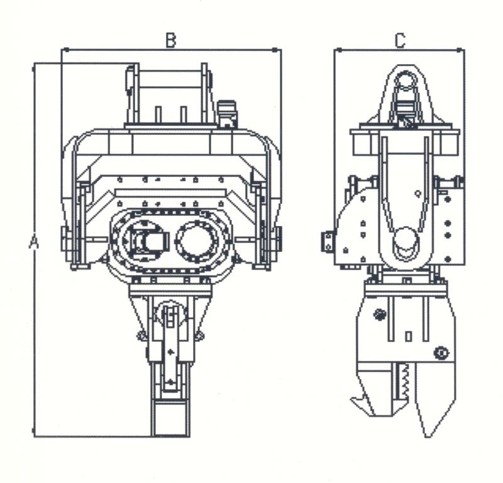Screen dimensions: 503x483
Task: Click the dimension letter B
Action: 170,40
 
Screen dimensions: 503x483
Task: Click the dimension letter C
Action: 400,41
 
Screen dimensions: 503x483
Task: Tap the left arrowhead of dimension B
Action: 65,50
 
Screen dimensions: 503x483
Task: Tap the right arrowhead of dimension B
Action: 275,50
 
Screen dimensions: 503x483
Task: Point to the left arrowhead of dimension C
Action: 339,50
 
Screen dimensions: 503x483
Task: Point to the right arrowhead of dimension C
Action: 460,50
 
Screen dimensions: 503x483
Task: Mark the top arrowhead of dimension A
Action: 34,69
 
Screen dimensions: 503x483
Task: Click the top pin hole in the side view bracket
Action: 406,80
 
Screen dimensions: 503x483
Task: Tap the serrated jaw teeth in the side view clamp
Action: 406,382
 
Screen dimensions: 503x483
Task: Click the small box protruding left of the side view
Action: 328,241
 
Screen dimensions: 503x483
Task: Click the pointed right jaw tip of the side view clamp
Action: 427,434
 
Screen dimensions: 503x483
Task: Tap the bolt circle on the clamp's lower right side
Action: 441,353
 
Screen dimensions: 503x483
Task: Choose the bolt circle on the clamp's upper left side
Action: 380,314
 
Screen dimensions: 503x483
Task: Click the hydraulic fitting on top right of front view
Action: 227,113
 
